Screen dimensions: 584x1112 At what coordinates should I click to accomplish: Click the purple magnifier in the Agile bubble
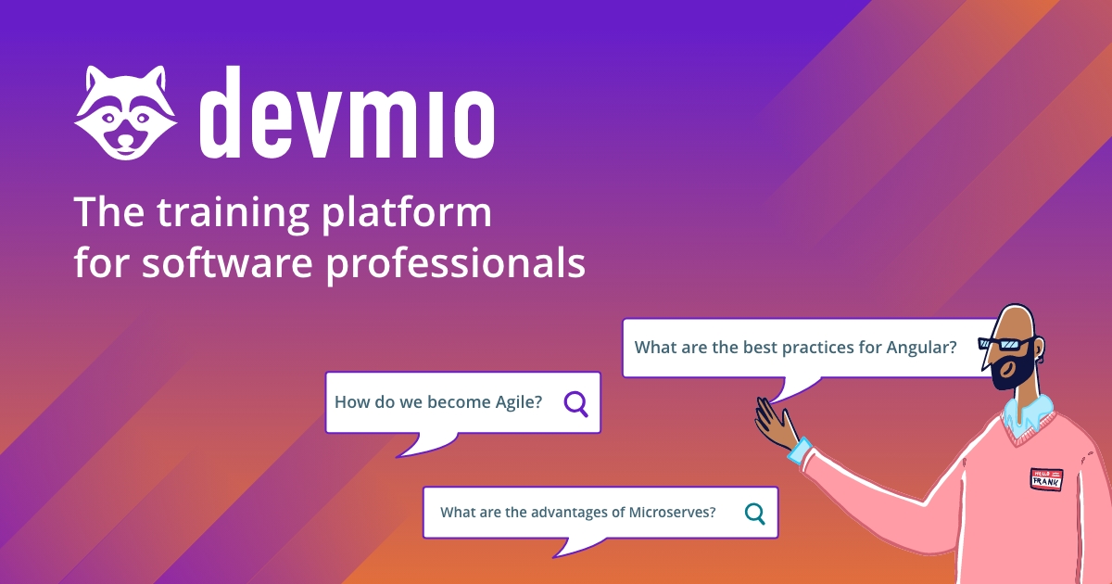(575, 403)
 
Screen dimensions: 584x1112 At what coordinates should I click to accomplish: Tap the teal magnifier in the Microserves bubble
(755, 513)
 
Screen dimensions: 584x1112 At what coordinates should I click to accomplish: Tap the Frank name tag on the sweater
(1046, 477)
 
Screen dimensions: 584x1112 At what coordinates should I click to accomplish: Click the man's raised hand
(775, 423)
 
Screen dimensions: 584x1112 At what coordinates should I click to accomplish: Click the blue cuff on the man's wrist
(799, 451)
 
